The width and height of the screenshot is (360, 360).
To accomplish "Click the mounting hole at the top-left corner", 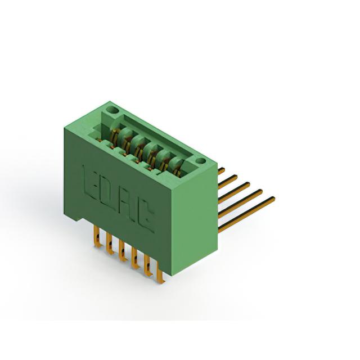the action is pyautogui.click(x=114, y=110).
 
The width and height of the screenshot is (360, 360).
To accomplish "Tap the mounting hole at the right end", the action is pyautogui.click(x=200, y=161).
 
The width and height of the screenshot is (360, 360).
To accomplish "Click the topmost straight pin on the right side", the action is pyautogui.click(x=221, y=171).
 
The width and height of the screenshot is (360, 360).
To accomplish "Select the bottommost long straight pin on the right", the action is pyautogui.click(x=246, y=214).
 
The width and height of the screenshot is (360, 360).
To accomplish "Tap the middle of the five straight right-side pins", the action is pyautogui.click(x=234, y=192).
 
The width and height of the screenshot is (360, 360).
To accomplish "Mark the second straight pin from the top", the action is pyautogui.click(x=227, y=182).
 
